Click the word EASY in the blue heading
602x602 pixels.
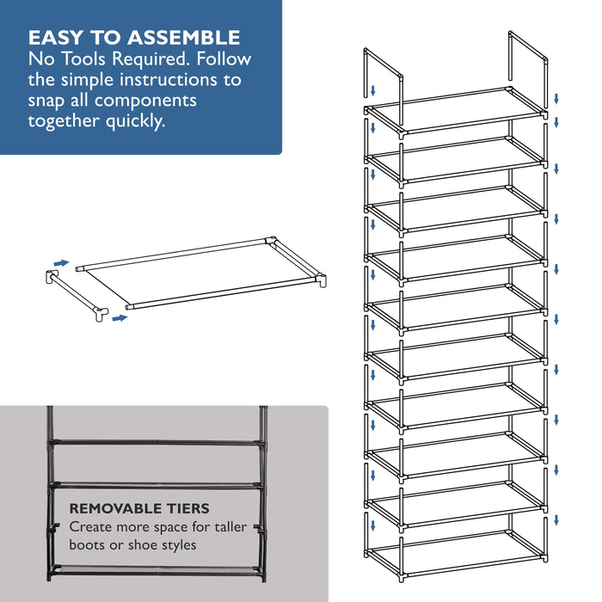click(x=55, y=38)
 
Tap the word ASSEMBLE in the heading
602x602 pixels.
click(x=184, y=38)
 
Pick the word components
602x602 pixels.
click(x=145, y=101)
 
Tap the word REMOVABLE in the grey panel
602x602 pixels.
click(x=115, y=508)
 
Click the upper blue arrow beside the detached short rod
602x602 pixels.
click(x=61, y=263)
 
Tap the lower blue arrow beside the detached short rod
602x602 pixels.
click(x=120, y=318)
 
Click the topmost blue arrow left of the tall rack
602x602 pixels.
click(x=372, y=91)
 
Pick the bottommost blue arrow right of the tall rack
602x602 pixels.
click(x=556, y=520)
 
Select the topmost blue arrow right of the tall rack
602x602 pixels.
click(x=556, y=99)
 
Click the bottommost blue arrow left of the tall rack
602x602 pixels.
click(x=372, y=525)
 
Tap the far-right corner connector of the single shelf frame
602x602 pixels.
click(x=322, y=279)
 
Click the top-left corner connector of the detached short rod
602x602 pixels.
click(x=51, y=276)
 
